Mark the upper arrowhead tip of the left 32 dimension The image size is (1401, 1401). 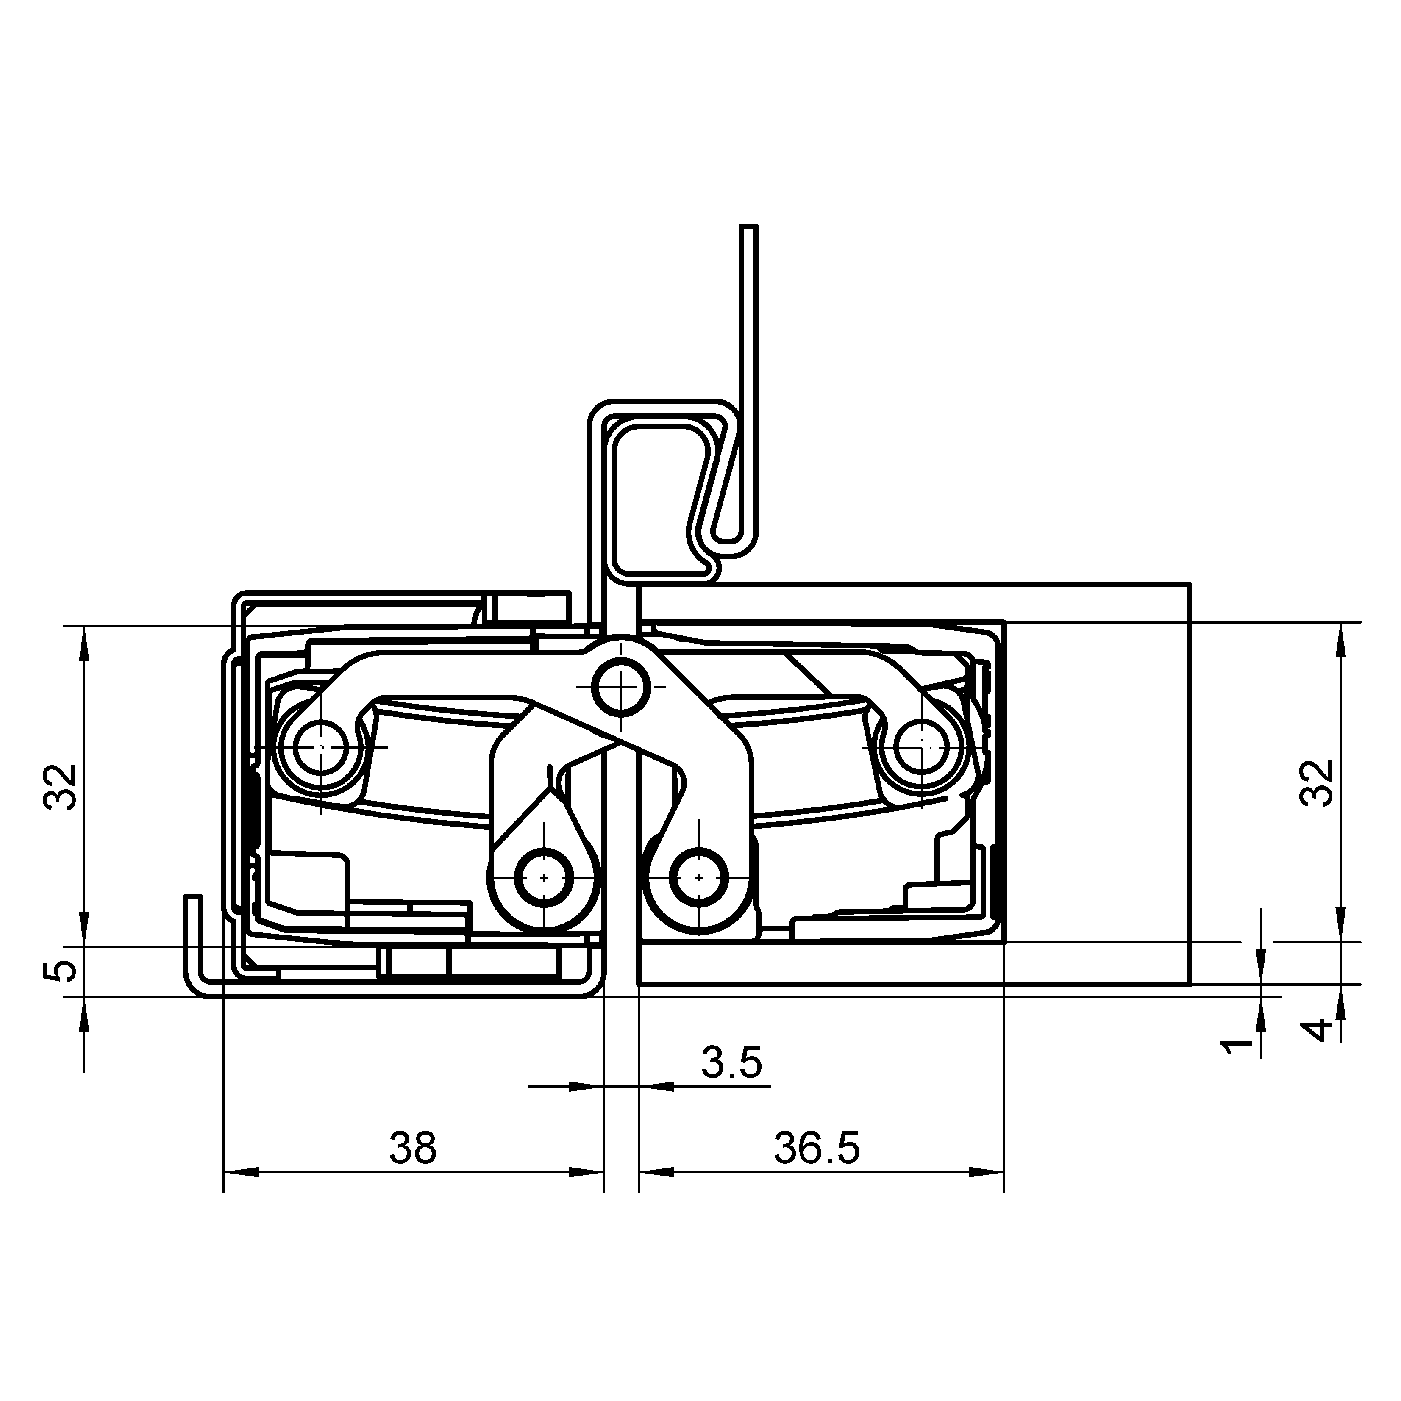click(x=84, y=626)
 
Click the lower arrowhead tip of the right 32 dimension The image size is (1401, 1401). click(x=1340, y=941)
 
